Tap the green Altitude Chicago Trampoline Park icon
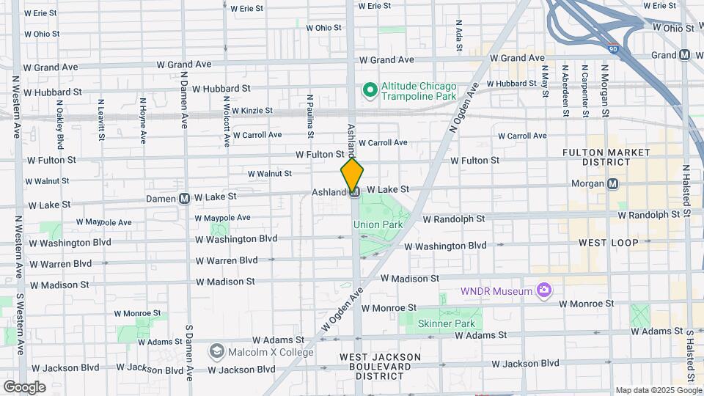[370, 91]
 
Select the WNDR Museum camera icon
[543, 291]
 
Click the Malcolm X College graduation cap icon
[217, 352]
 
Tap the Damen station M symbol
[186, 197]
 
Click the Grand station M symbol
[685, 55]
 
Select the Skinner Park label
[446, 323]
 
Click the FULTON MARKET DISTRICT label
[606, 156]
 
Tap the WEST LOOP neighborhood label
[608, 242]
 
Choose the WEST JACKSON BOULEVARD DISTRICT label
[380, 366]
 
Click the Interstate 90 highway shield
[613, 49]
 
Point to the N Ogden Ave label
[463, 109]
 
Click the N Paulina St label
[310, 116]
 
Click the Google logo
[23, 386]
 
